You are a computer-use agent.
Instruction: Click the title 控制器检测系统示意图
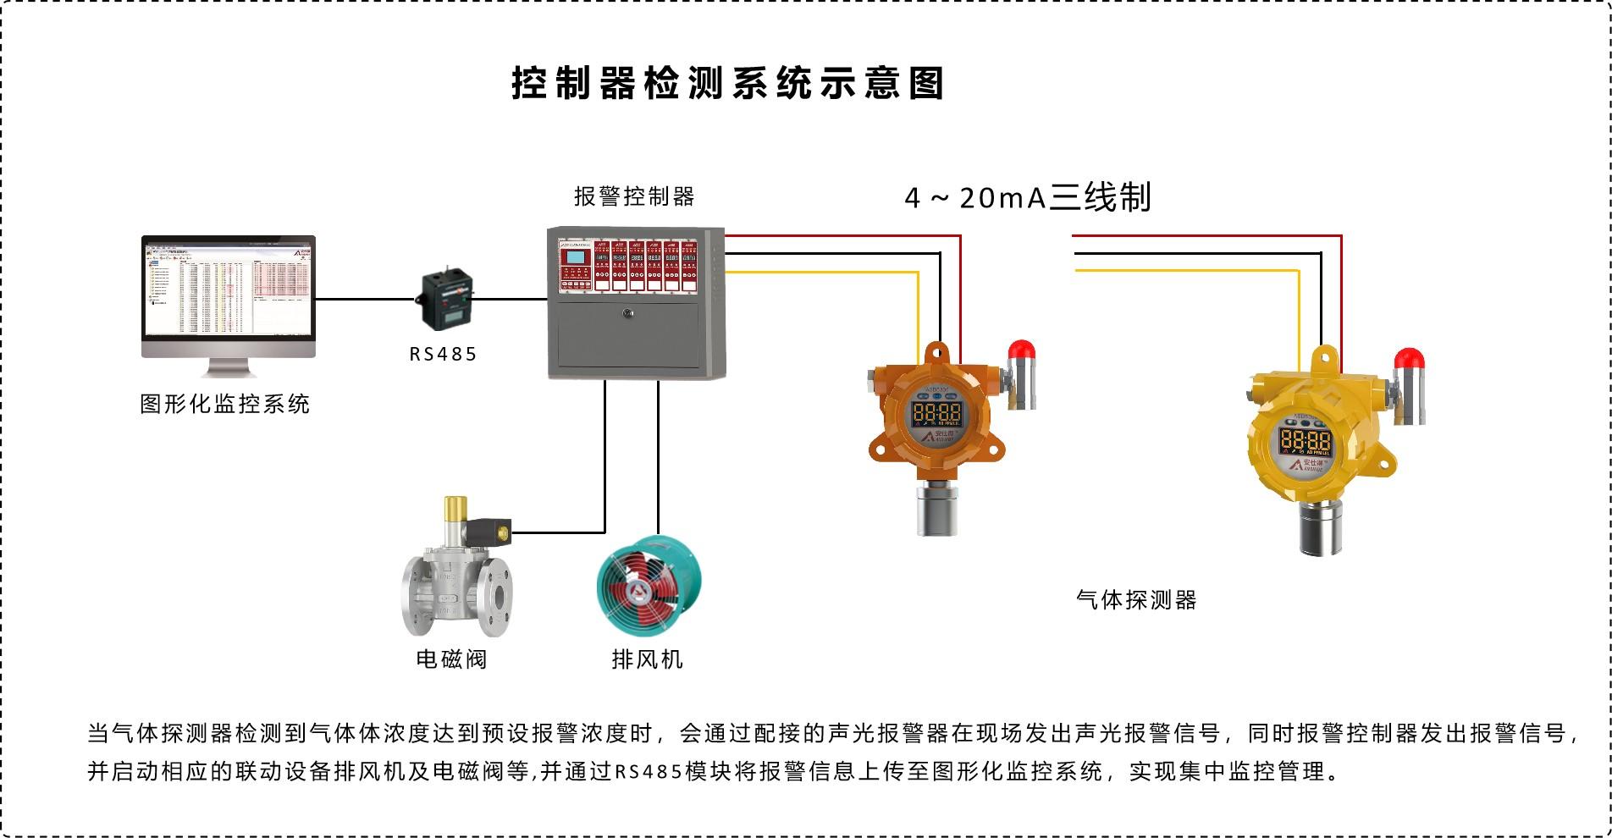click(x=727, y=83)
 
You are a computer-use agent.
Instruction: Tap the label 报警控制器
click(x=634, y=196)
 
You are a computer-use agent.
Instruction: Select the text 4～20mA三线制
click(x=1028, y=197)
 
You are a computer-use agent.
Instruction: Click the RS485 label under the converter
click(x=444, y=354)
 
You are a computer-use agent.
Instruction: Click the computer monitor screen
click(x=229, y=292)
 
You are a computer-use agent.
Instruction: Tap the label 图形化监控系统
click(x=224, y=404)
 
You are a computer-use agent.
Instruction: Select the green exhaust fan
click(x=649, y=583)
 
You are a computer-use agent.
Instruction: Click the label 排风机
click(x=647, y=659)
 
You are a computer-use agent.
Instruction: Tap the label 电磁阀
click(x=451, y=659)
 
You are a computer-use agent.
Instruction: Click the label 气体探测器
click(x=1136, y=600)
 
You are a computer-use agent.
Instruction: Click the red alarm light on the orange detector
click(x=1022, y=350)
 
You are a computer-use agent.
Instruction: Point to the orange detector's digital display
click(x=936, y=414)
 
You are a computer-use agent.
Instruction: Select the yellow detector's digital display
click(x=1305, y=440)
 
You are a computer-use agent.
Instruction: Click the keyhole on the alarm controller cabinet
click(x=627, y=313)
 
